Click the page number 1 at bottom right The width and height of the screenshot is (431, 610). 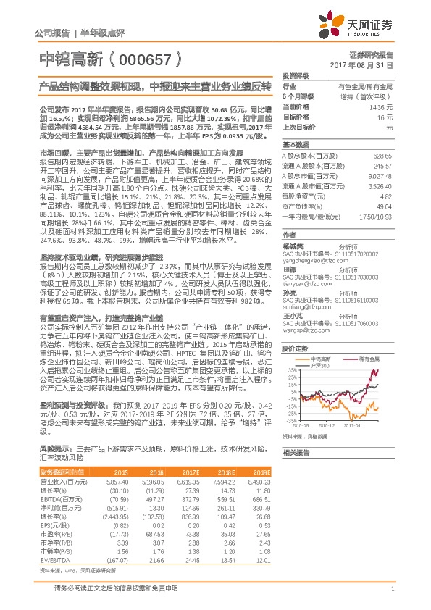[392, 589]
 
